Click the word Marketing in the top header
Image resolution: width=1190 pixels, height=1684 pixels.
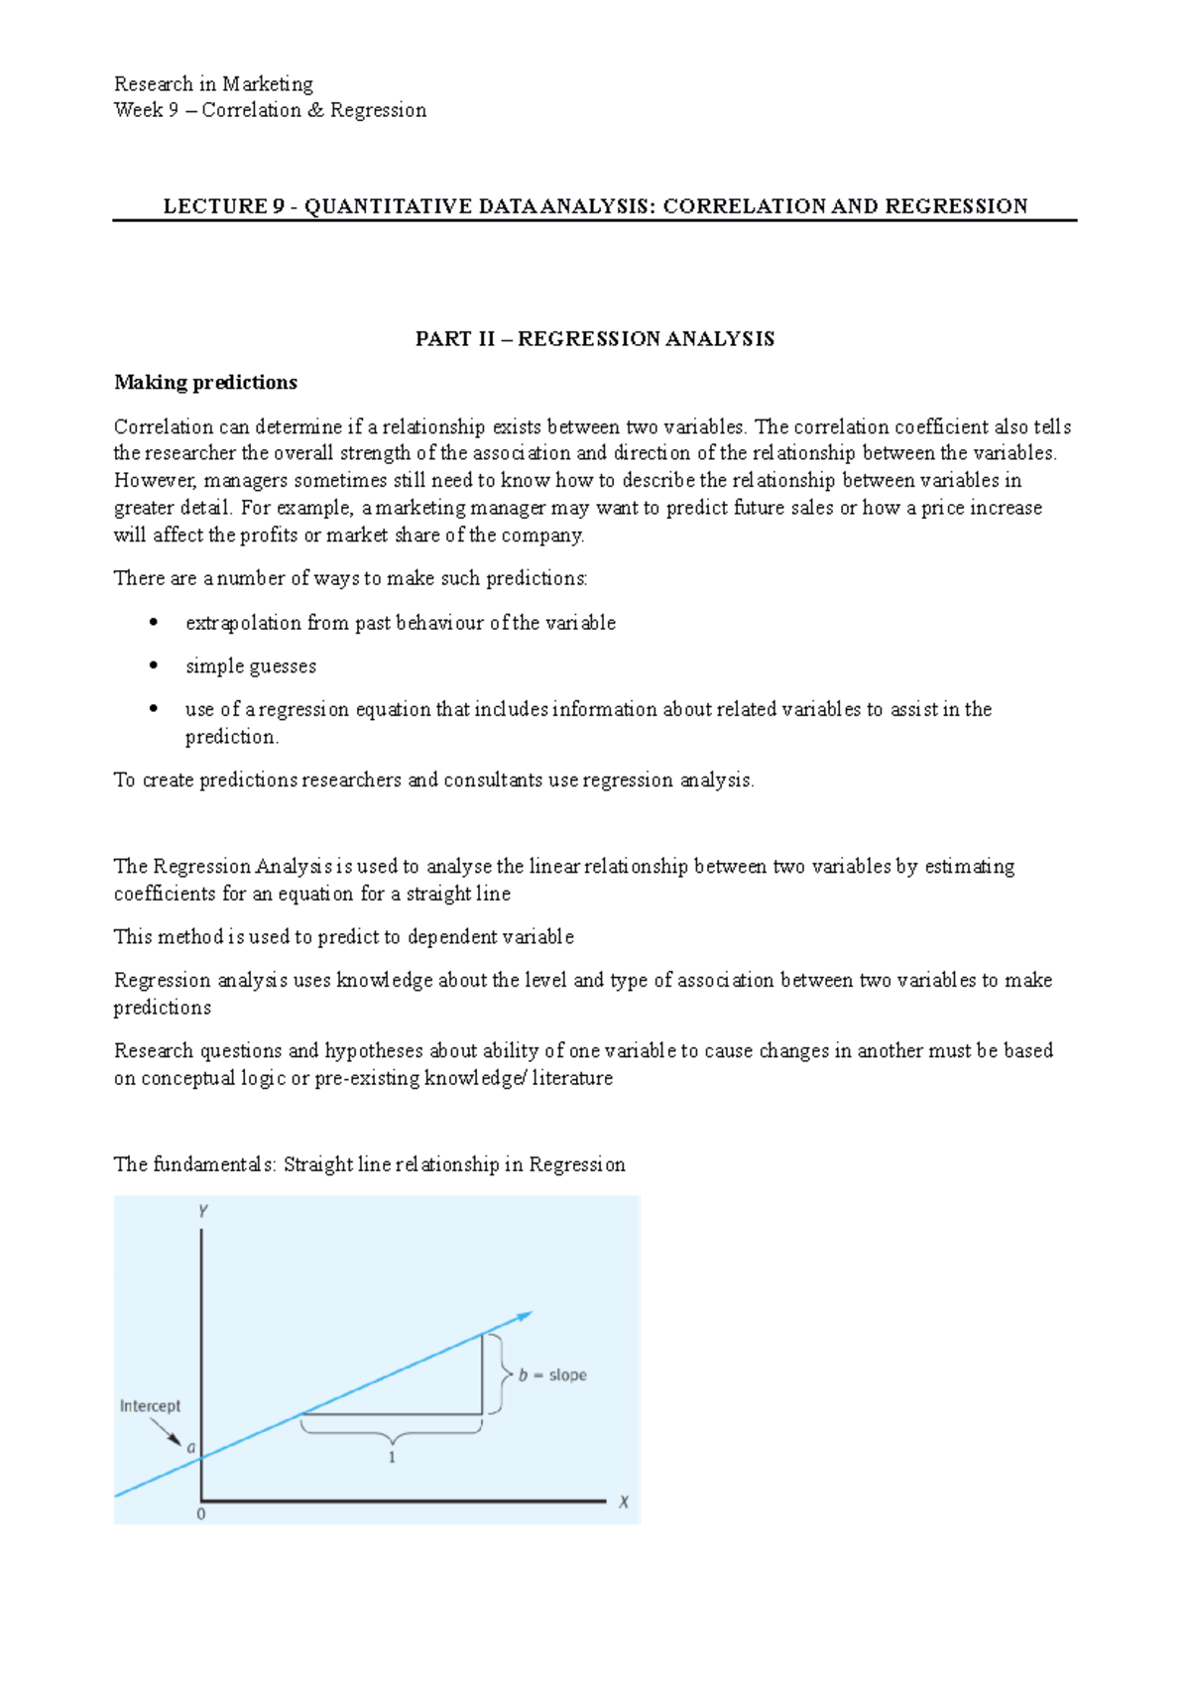[x=268, y=84]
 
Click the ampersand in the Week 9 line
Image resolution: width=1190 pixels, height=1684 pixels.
[x=315, y=110]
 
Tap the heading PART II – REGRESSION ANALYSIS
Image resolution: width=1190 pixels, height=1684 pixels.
[x=595, y=339]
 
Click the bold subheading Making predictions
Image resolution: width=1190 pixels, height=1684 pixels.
[x=205, y=383]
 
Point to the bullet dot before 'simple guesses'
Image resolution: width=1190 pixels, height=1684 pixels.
[x=154, y=665]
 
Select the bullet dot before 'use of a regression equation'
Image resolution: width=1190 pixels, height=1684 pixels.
[x=154, y=709]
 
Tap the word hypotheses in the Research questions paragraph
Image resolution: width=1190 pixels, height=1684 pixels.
[x=373, y=1051]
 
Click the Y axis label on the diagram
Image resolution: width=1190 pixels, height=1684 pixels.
[x=202, y=1211]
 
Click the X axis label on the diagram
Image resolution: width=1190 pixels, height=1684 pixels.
[x=624, y=1502]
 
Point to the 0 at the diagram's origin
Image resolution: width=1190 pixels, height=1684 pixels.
[x=201, y=1514]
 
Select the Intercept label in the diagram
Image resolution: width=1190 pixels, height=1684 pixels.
[x=150, y=1405]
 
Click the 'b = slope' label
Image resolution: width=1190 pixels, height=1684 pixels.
[x=553, y=1375]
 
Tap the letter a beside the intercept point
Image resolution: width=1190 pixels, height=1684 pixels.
[x=191, y=1448]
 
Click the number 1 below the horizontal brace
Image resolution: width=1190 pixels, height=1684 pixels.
[x=392, y=1457]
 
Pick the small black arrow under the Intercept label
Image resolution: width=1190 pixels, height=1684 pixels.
[x=166, y=1431]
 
